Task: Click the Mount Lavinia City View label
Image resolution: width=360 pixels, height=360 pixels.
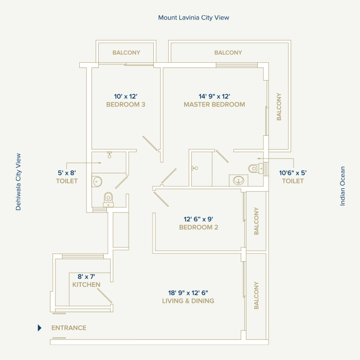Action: point(193,17)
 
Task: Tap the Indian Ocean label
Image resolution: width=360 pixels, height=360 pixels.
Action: point(343,186)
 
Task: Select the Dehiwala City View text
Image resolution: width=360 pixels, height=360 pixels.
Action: point(19,182)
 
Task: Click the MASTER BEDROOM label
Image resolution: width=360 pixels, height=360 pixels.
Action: point(214,104)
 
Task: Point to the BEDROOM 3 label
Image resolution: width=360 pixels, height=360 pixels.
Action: point(126,104)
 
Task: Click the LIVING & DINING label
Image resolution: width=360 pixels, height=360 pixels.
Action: point(188,301)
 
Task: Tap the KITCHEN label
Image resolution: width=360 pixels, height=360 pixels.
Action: point(86,284)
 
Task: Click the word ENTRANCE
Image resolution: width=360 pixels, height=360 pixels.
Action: point(69,328)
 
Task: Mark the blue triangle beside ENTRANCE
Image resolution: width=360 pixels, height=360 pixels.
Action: point(40,328)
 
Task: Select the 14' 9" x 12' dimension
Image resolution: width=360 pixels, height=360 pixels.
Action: point(214,96)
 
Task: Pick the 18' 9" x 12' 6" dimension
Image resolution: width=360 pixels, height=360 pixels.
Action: point(188,293)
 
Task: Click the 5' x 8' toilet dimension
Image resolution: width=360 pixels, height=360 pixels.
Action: point(67,173)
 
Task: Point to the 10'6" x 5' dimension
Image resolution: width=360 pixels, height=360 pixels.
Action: point(293,173)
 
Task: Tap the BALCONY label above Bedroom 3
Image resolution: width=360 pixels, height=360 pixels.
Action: point(127,52)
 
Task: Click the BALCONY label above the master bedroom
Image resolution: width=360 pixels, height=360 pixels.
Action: point(228,52)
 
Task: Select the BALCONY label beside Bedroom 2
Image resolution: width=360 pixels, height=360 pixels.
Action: point(256,221)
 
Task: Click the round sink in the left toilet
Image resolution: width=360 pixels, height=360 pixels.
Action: point(98,181)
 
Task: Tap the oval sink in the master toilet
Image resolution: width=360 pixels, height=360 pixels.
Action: point(238,180)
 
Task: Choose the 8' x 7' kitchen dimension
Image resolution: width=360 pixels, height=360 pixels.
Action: point(86,276)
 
